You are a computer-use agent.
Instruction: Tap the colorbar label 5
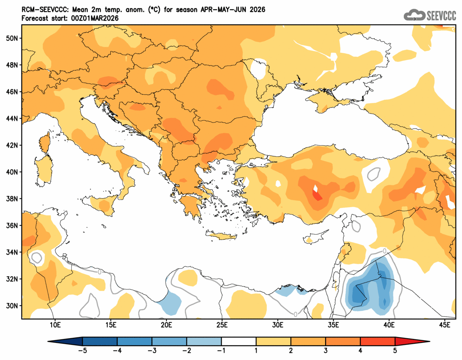click(395, 351)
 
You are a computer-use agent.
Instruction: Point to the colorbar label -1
click(221, 351)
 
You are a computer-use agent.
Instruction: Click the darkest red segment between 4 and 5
click(377, 341)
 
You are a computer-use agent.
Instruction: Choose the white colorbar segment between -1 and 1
click(239, 341)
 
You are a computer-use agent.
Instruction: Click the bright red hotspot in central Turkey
click(318, 196)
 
